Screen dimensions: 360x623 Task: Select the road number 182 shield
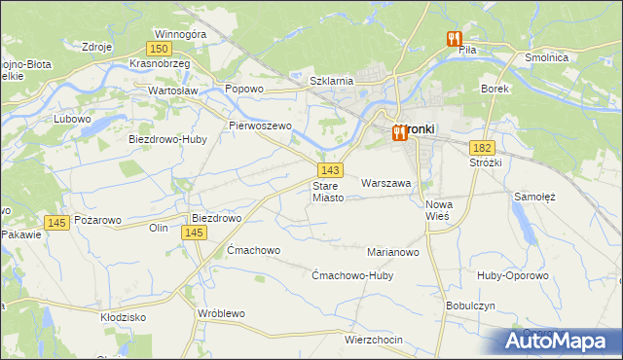tap(482, 147)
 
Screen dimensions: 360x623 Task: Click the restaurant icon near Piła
tap(454, 39)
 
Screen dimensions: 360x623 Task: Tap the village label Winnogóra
tap(181, 34)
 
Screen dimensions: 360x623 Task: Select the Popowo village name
tap(244, 89)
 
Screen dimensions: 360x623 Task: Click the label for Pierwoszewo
tap(260, 126)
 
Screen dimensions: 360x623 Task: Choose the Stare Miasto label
tap(328, 191)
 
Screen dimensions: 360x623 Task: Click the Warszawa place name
tap(386, 182)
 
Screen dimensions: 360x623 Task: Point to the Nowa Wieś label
tap(440, 210)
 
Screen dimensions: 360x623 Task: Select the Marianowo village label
tap(392, 252)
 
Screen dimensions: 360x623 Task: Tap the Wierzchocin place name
tap(374, 340)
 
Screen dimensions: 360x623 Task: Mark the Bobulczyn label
tap(473, 306)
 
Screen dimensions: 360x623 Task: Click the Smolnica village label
tap(573, 57)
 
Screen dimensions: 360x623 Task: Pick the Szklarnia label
tap(330, 81)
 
